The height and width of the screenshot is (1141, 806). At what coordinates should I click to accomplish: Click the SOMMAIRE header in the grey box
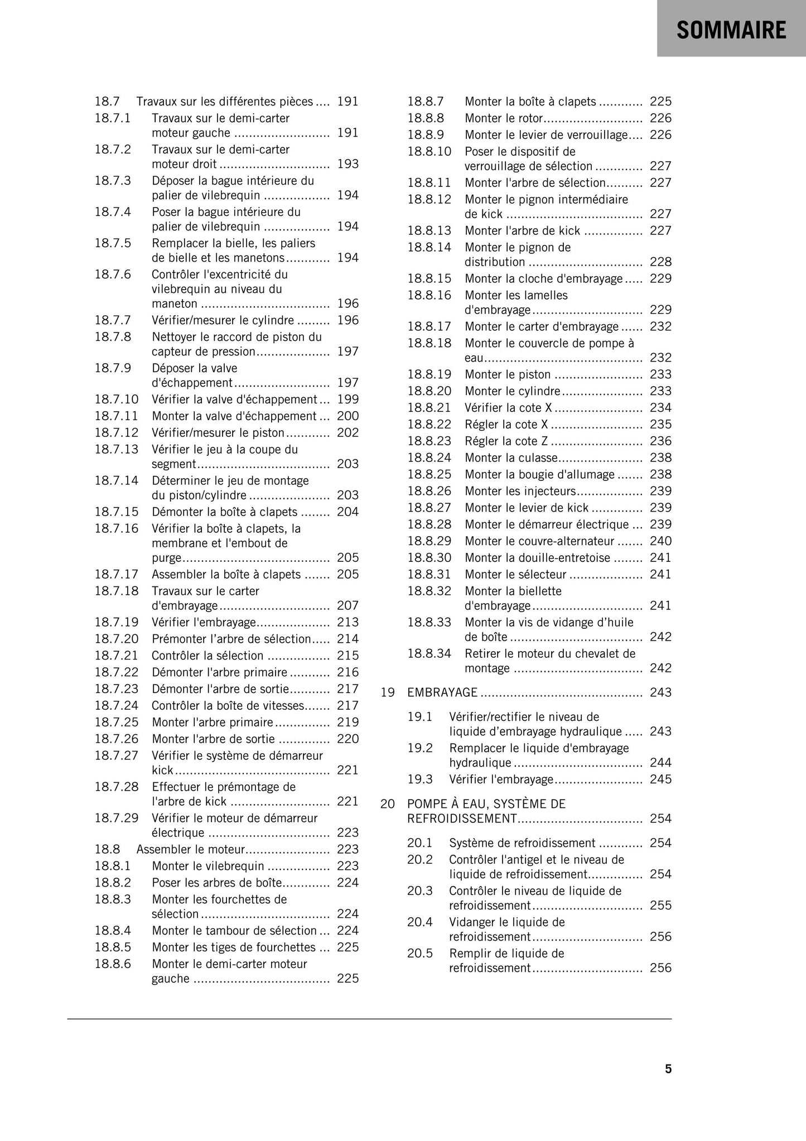(731, 30)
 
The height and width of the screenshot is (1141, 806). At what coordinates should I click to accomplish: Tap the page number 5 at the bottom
(668, 1069)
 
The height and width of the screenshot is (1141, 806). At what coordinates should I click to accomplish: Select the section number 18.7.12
(117, 433)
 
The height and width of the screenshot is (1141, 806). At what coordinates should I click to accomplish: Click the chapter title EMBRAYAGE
(442, 692)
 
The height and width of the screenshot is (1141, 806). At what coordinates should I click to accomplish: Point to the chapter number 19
(388, 692)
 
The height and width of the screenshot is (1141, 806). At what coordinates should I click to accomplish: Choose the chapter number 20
(388, 804)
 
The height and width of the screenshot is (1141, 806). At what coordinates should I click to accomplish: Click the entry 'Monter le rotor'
(504, 118)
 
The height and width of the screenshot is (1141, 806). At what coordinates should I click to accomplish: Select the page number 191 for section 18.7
(348, 102)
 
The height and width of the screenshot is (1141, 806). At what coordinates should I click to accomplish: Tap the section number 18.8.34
(429, 653)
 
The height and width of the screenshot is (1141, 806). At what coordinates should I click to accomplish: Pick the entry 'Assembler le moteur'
(191, 849)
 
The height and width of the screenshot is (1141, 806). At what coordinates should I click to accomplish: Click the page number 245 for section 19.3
(660, 779)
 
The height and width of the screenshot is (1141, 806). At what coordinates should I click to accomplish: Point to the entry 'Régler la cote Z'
(506, 441)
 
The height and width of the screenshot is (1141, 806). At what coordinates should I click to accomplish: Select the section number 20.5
(420, 954)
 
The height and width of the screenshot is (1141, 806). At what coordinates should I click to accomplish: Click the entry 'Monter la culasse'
(511, 458)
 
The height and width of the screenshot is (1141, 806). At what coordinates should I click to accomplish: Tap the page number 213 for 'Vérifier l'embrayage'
(348, 622)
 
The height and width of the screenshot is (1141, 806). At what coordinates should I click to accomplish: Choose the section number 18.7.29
(117, 819)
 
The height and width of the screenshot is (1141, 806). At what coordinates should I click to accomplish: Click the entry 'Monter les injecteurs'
(520, 491)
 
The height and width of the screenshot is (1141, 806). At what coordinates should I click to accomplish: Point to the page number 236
(660, 441)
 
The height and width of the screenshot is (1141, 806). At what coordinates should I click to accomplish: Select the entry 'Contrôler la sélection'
(207, 656)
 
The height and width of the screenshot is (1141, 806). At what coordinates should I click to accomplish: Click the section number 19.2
(420, 748)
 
